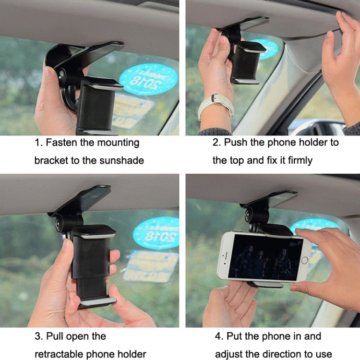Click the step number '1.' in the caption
click(38, 143)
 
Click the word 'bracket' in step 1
click(51, 160)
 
